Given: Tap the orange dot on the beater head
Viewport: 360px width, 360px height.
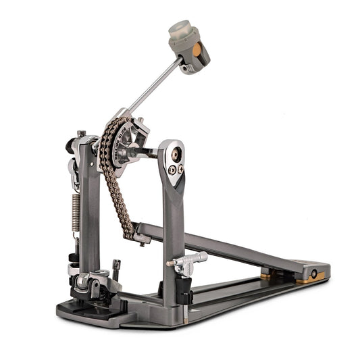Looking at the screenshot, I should (x=197, y=51).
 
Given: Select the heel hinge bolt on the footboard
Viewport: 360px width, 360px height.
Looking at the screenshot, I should (x=313, y=274).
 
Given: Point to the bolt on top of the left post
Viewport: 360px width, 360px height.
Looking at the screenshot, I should (x=82, y=133).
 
